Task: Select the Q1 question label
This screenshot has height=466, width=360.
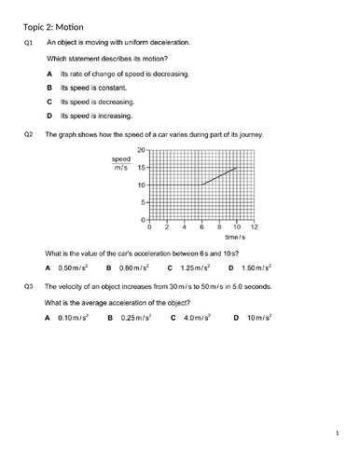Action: pos(31,43)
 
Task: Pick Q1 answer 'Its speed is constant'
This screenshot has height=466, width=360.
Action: pos(98,88)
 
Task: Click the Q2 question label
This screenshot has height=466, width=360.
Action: pos(31,135)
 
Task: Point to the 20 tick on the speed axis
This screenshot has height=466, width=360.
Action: pos(142,150)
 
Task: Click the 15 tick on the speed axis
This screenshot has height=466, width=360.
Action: pos(142,168)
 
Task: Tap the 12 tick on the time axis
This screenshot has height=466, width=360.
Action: pos(254,227)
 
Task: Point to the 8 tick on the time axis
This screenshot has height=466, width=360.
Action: pos(219,227)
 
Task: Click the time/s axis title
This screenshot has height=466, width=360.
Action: pos(245,240)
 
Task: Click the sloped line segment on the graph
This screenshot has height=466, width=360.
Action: pos(219,176)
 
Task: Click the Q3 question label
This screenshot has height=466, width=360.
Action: pos(31,287)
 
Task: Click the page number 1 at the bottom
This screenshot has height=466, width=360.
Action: pos(339,433)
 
